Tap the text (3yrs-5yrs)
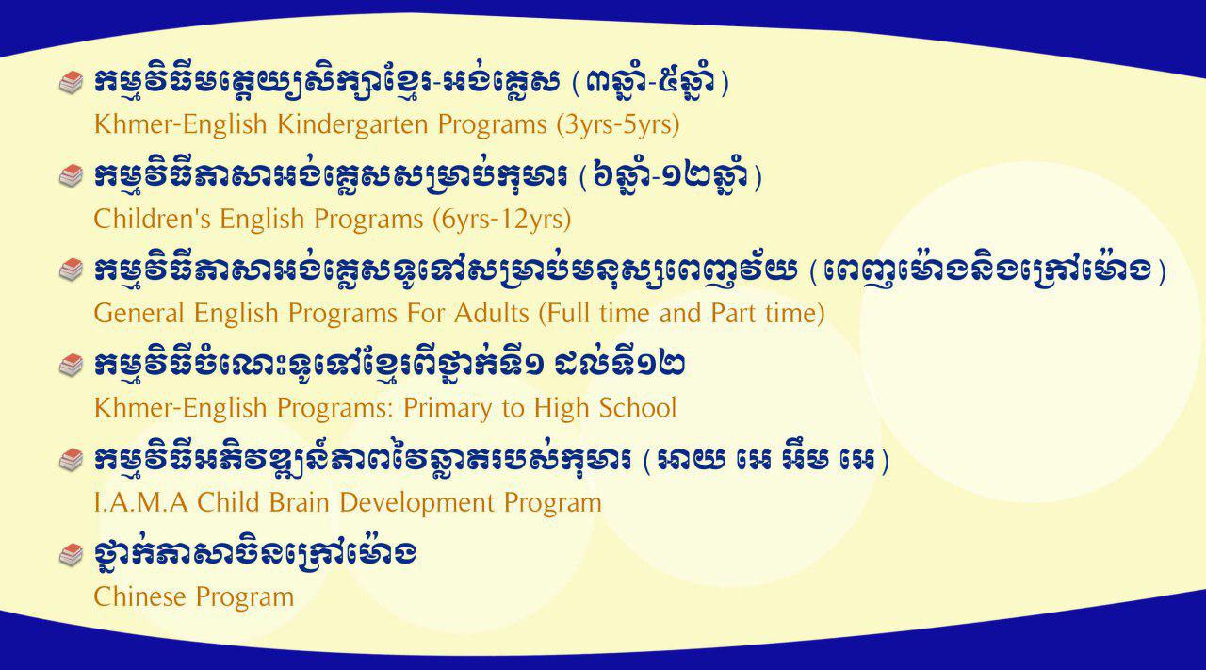[x=617, y=124]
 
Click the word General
[x=139, y=313]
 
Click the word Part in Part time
[x=733, y=313]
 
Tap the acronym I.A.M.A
[x=141, y=502]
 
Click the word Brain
[x=299, y=502]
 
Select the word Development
[x=416, y=503]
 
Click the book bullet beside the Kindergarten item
[x=71, y=82]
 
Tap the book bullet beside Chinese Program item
[x=71, y=555]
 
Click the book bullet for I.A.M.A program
[x=71, y=460]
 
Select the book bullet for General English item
[x=71, y=270]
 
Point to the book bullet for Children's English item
[x=71, y=176]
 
